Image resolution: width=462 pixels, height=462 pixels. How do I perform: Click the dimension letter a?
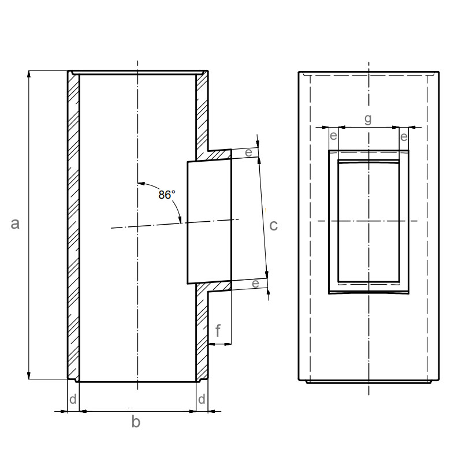pos(15,223)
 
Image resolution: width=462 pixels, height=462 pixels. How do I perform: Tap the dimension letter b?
pos(136,422)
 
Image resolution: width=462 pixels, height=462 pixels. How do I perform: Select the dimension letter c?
pos(273,225)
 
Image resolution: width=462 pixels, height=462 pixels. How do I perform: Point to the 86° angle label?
pos(167,195)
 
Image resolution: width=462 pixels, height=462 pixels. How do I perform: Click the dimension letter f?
pos(218,330)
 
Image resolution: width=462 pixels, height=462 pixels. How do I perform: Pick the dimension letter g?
pos(368,119)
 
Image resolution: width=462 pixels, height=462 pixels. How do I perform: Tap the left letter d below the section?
pos(73,399)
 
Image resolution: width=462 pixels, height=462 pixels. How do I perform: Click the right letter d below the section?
pos(202,399)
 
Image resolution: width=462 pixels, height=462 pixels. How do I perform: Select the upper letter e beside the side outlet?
pos(249,152)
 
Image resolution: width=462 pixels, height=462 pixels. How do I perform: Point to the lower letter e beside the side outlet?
pos(255,284)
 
